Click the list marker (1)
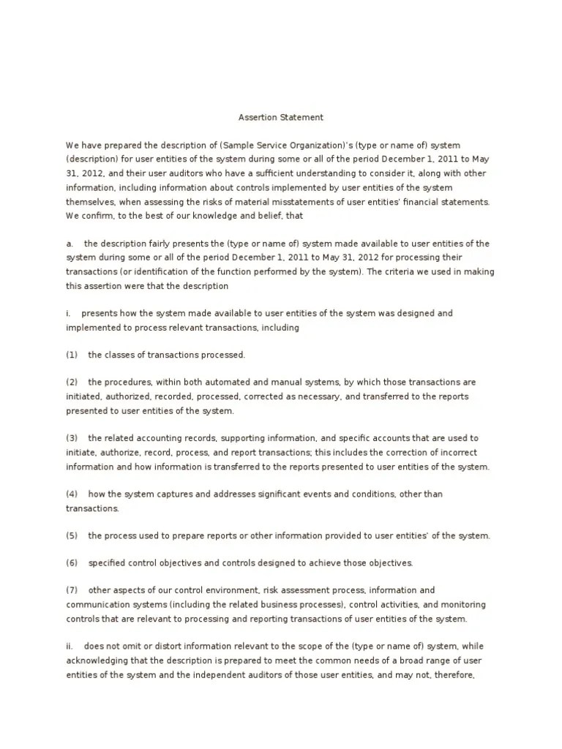tap(72, 355)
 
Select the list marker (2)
tap(72, 383)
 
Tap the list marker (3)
tap(72, 438)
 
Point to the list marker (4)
tap(72, 494)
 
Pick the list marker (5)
tap(72, 535)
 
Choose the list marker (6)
tap(72, 563)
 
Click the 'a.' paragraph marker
tap(70, 244)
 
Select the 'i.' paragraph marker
tap(68, 313)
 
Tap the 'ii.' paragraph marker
tap(70, 647)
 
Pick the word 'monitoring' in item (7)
tap(460, 605)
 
